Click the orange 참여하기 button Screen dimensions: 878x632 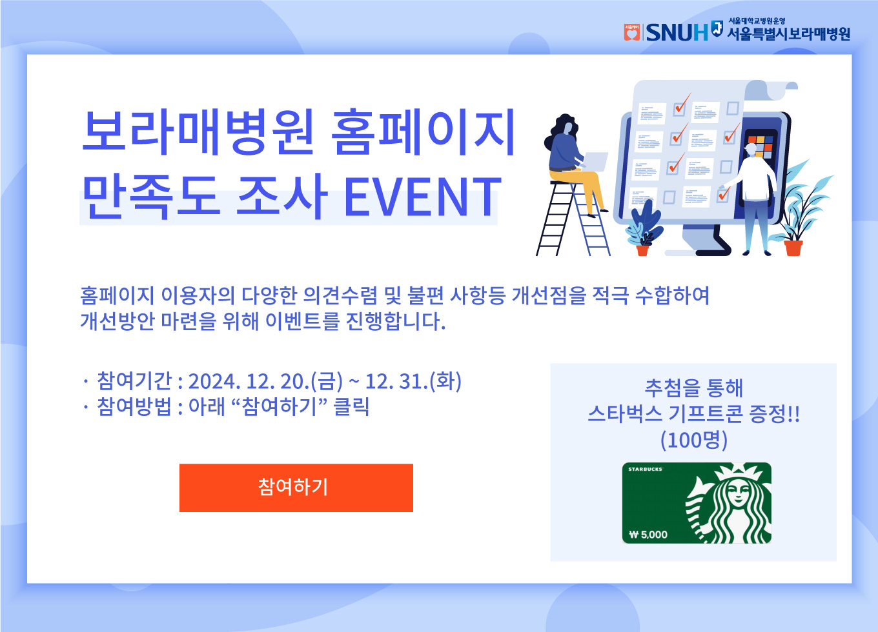click(296, 488)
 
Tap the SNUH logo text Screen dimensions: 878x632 click(677, 32)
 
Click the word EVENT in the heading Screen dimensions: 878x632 click(423, 197)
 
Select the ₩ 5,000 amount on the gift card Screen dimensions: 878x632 click(648, 535)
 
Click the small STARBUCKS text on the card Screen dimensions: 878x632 click(645, 469)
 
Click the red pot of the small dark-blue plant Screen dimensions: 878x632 click(642, 250)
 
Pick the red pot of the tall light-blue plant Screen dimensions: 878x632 click(793, 248)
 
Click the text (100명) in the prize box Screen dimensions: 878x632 click(694, 440)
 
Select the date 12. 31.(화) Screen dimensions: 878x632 click(413, 381)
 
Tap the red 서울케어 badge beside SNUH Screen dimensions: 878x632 click(631, 32)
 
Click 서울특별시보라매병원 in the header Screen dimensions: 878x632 click(789, 34)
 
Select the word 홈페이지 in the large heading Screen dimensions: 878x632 click(423, 132)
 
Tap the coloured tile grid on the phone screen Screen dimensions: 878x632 click(760, 146)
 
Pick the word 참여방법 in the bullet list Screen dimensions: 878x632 click(134, 406)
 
